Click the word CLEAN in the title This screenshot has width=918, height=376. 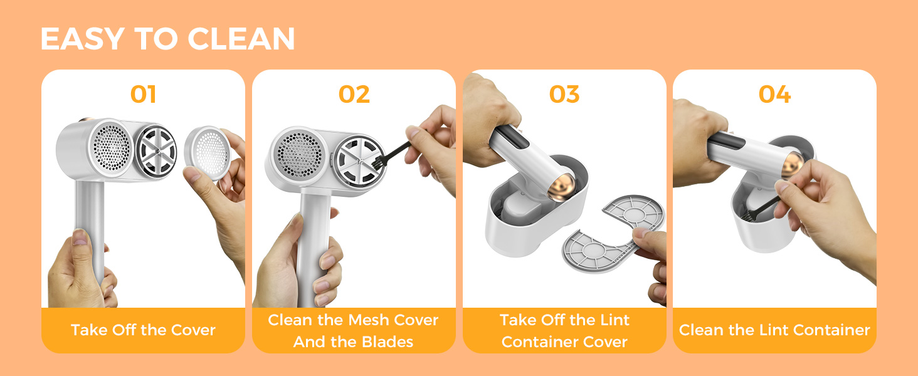point(241,39)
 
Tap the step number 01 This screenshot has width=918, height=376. point(143,95)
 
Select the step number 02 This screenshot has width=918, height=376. point(354,95)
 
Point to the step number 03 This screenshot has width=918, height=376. point(564,95)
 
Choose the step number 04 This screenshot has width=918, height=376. point(774,95)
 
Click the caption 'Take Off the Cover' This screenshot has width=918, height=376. point(143,330)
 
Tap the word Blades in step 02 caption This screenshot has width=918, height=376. point(388,342)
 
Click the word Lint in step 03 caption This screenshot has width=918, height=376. point(615,320)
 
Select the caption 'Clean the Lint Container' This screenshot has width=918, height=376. point(774,330)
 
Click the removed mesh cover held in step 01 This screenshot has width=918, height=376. point(208,153)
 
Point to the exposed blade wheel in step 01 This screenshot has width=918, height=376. point(156,152)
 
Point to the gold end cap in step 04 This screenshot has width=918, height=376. point(792,164)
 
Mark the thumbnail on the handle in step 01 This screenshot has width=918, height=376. point(80,237)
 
